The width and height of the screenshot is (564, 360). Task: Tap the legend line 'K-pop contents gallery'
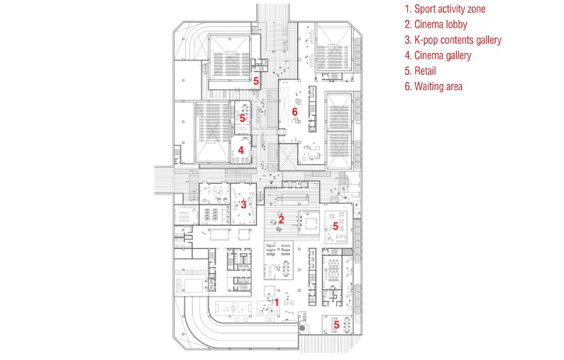pos(453,40)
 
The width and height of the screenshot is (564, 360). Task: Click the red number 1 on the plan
pos(276,302)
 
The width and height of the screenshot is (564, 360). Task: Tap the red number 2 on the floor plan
pos(281,219)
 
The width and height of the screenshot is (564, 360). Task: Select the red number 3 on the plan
pos(243,205)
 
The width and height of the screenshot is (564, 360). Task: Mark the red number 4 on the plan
pos(241,151)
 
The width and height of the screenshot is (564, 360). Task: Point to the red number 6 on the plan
pos(294,112)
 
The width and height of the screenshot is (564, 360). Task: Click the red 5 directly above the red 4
pos(242,118)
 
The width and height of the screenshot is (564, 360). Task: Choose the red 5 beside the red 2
pos(336,226)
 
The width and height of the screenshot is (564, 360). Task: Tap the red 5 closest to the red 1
pos(337,324)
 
